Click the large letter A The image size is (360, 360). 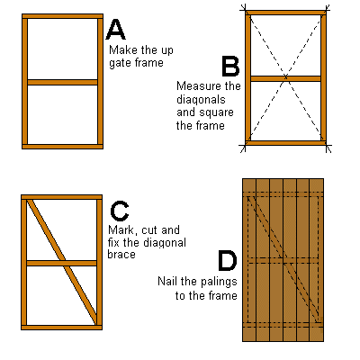point(115,30)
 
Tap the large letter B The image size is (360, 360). point(230,66)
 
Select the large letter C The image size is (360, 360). point(120,211)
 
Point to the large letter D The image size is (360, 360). point(227,261)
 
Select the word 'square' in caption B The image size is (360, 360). point(216,112)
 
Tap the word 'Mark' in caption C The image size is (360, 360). point(121,230)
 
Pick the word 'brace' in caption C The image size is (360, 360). point(121,255)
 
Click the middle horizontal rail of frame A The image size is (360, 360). point(62,82)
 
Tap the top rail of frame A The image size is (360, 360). point(62,16)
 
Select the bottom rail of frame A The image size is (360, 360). point(62,147)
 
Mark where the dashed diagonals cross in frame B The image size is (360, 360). point(285,77)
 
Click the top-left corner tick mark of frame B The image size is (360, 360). point(244,10)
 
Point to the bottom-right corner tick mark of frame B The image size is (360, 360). point(328,147)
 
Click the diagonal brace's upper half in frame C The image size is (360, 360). point(46,229)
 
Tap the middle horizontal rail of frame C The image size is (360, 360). point(61,263)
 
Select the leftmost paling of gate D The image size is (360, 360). point(249,260)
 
